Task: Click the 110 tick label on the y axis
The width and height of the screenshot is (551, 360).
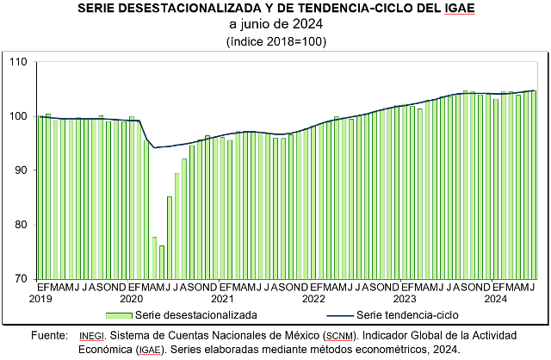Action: coord(18,61)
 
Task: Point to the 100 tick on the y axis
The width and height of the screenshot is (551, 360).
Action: coord(18,115)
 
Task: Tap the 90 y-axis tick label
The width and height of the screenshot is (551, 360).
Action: coord(21,170)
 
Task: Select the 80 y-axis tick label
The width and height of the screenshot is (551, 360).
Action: coord(21,224)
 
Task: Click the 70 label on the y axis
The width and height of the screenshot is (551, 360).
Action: coord(21,278)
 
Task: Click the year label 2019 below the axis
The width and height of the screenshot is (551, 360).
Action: coord(40,299)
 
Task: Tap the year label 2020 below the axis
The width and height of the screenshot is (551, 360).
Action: coord(131,299)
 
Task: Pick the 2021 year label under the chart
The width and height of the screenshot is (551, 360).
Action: coord(222,299)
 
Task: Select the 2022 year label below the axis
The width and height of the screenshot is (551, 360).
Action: coord(313,299)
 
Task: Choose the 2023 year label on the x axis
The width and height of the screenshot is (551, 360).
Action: coord(405,299)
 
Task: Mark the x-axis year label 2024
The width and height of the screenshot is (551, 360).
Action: coord(495,299)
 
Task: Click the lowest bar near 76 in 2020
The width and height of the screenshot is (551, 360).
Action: coord(162,262)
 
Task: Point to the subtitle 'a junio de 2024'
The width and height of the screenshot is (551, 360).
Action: coord(275,24)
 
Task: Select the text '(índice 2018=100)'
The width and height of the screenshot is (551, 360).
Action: coord(275,40)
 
